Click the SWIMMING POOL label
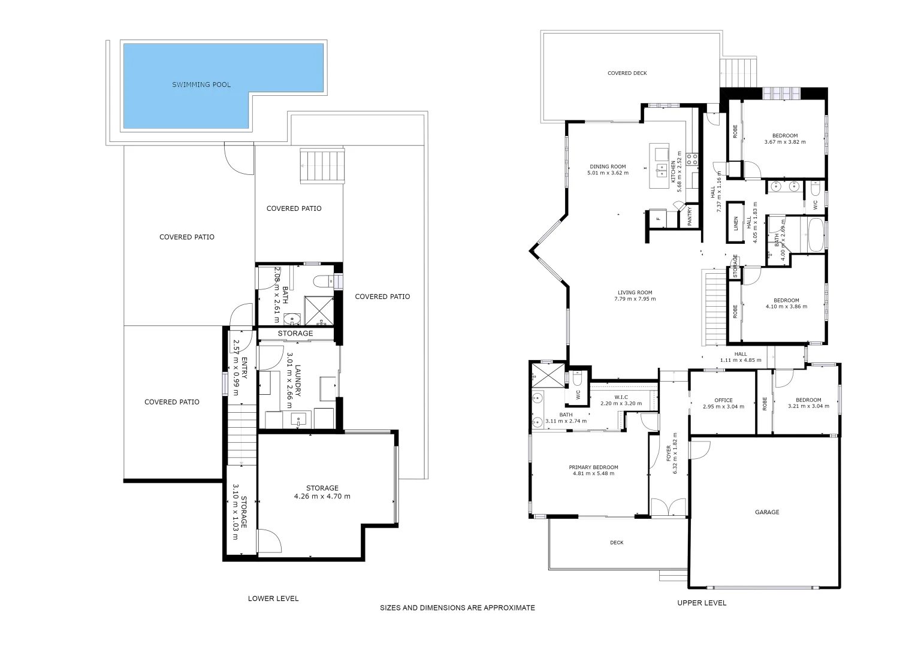click(x=201, y=84)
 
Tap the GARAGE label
click(x=767, y=512)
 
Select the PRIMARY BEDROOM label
click(x=593, y=467)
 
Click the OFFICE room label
click(x=723, y=400)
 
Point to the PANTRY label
click(x=690, y=216)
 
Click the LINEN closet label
click(x=736, y=223)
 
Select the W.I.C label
click(x=621, y=397)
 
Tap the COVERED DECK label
click(x=627, y=73)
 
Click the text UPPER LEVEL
click(x=702, y=603)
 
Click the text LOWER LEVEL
click(x=273, y=598)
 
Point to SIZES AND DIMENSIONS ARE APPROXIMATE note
click(x=457, y=607)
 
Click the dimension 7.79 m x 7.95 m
click(x=635, y=299)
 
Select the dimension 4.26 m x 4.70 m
click(x=322, y=496)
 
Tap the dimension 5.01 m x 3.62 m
click(x=608, y=173)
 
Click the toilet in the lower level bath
click(x=324, y=280)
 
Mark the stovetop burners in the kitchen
click(x=692, y=159)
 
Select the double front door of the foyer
click(x=669, y=507)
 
